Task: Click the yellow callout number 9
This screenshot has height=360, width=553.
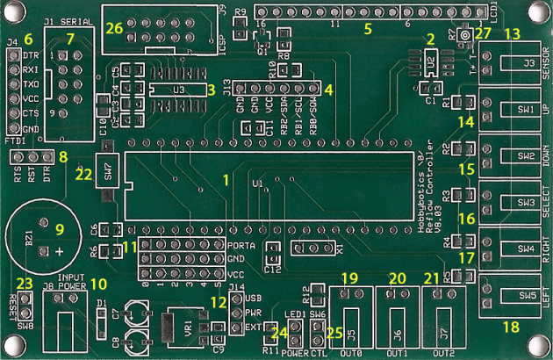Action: click(x=61, y=230)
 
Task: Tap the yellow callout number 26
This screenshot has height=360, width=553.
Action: click(x=114, y=28)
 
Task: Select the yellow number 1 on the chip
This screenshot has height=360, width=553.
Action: click(x=226, y=179)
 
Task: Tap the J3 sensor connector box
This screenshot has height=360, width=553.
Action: click(x=528, y=64)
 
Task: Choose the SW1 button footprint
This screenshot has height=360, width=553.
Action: click(x=526, y=110)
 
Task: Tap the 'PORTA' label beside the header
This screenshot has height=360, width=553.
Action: click(x=241, y=246)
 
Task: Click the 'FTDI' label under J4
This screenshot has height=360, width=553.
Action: click(x=15, y=140)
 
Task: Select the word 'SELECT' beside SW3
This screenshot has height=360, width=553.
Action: click(x=546, y=203)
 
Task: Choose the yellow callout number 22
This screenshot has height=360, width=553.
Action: click(x=83, y=174)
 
